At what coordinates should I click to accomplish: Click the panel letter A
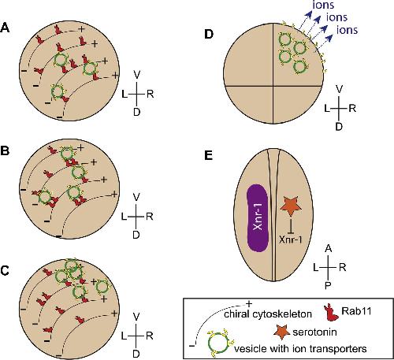tap(5, 28)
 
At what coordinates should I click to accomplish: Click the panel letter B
tap(6, 151)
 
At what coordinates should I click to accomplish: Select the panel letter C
tap(6, 271)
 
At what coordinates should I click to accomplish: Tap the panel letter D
tap(208, 35)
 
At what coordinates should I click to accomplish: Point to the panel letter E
tap(208, 156)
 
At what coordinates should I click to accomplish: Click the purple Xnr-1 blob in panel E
tap(258, 218)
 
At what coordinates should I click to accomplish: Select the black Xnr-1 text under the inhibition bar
tap(291, 239)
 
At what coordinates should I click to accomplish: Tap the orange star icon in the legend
tap(282, 332)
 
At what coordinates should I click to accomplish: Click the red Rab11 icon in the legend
tap(331, 313)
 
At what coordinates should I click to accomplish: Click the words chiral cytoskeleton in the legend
tap(268, 314)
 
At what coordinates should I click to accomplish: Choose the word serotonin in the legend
tap(314, 332)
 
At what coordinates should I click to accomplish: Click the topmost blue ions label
tap(323, 5)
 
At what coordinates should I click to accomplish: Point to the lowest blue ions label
tap(347, 30)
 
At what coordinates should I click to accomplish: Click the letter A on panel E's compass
tap(329, 248)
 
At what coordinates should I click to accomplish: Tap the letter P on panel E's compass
tap(328, 285)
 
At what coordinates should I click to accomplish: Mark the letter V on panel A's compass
tap(137, 75)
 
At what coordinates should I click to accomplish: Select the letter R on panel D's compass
tap(352, 108)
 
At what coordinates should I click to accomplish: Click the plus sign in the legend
tap(248, 304)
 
